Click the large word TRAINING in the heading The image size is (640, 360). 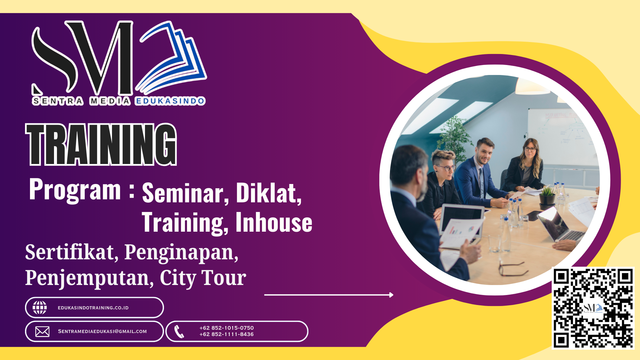pyautogui.click(x=101, y=144)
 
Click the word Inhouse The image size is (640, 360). pyautogui.click(x=274, y=222)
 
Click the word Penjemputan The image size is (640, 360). pyautogui.click(x=89, y=278)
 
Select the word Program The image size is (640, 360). pyautogui.click(x=75, y=190)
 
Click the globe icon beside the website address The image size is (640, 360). pyautogui.click(x=40, y=308)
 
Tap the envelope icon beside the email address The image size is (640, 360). pyautogui.click(x=42, y=332)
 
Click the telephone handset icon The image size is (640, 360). pyautogui.click(x=179, y=332)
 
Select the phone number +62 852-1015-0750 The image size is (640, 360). pyautogui.click(x=227, y=328)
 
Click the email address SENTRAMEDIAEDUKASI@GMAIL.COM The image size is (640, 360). pyautogui.click(x=102, y=331)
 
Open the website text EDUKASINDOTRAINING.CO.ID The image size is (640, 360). pyautogui.click(x=93, y=308)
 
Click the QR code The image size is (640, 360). pyautogui.click(x=593, y=308)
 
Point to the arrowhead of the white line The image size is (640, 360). pyautogui.click(x=391, y=295)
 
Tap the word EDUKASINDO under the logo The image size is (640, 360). pyautogui.click(x=170, y=101)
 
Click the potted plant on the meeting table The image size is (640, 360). pyautogui.click(x=547, y=197)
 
